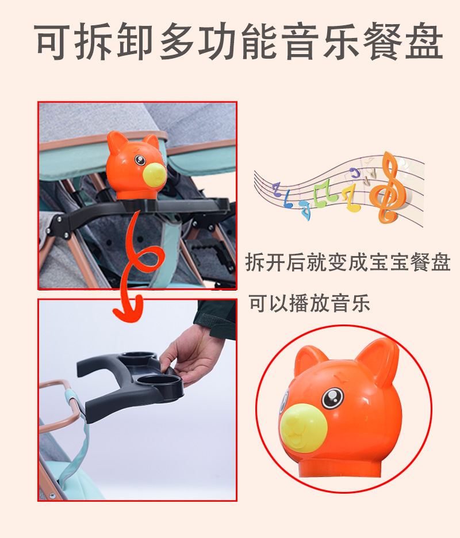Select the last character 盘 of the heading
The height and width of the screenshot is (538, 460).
[x=424, y=42]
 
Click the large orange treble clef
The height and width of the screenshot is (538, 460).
[x=388, y=188]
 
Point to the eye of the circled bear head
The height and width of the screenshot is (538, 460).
[x=332, y=398]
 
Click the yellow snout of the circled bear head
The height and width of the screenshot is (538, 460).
[x=303, y=428]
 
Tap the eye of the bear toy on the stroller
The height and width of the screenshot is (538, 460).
[x=140, y=160]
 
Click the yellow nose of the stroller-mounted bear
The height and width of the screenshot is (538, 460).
[x=154, y=175]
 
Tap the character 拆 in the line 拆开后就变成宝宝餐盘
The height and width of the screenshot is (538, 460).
[x=255, y=262]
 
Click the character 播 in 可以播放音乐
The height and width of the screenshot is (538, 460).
[x=300, y=304]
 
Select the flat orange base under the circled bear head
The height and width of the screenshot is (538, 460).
[x=339, y=468]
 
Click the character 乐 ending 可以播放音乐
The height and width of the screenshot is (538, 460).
[x=361, y=304]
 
